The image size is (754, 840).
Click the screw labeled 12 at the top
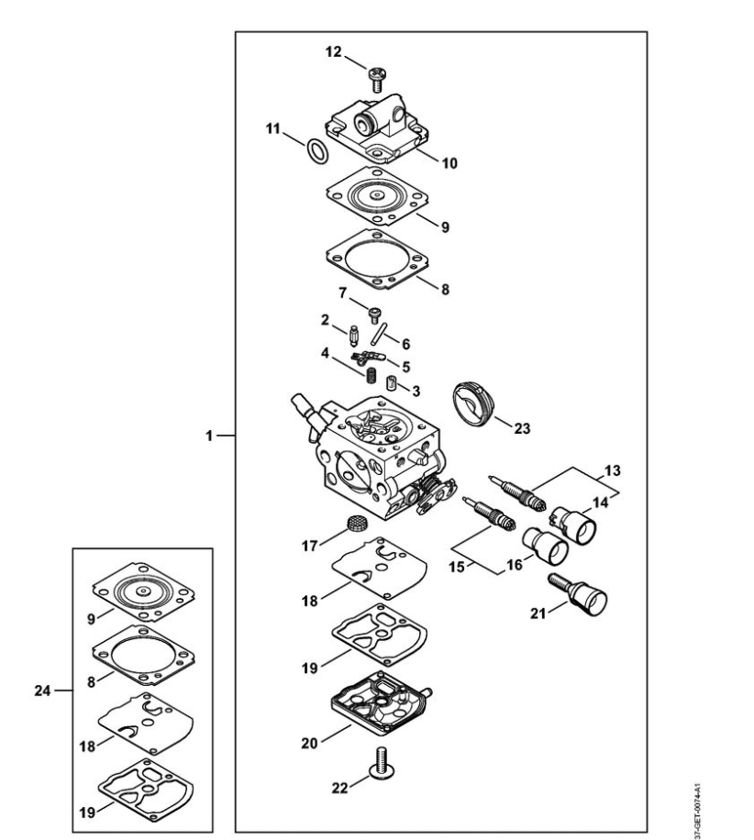tap(377, 79)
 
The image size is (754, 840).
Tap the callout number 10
tap(449, 163)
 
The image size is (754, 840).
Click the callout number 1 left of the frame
tap(209, 437)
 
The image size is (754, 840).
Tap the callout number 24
tap(43, 691)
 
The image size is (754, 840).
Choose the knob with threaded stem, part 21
tap(577, 593)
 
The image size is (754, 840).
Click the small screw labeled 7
tap(374, 315)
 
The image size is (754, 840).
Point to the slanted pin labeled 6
tap(378, 333)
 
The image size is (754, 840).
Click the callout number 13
tap(612, 470)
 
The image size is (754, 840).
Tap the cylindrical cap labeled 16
tap(546, 546)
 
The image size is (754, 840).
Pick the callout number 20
tap(309, 743)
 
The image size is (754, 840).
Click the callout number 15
tap(457, 567)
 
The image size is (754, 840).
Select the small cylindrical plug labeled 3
tap(391, 383)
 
